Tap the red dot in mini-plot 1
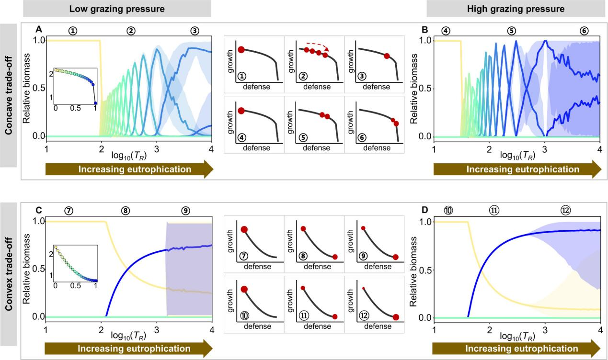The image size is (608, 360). click(241, 49)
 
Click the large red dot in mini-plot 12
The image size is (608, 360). click(396, 317)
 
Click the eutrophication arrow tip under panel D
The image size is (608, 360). click(597, 349)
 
